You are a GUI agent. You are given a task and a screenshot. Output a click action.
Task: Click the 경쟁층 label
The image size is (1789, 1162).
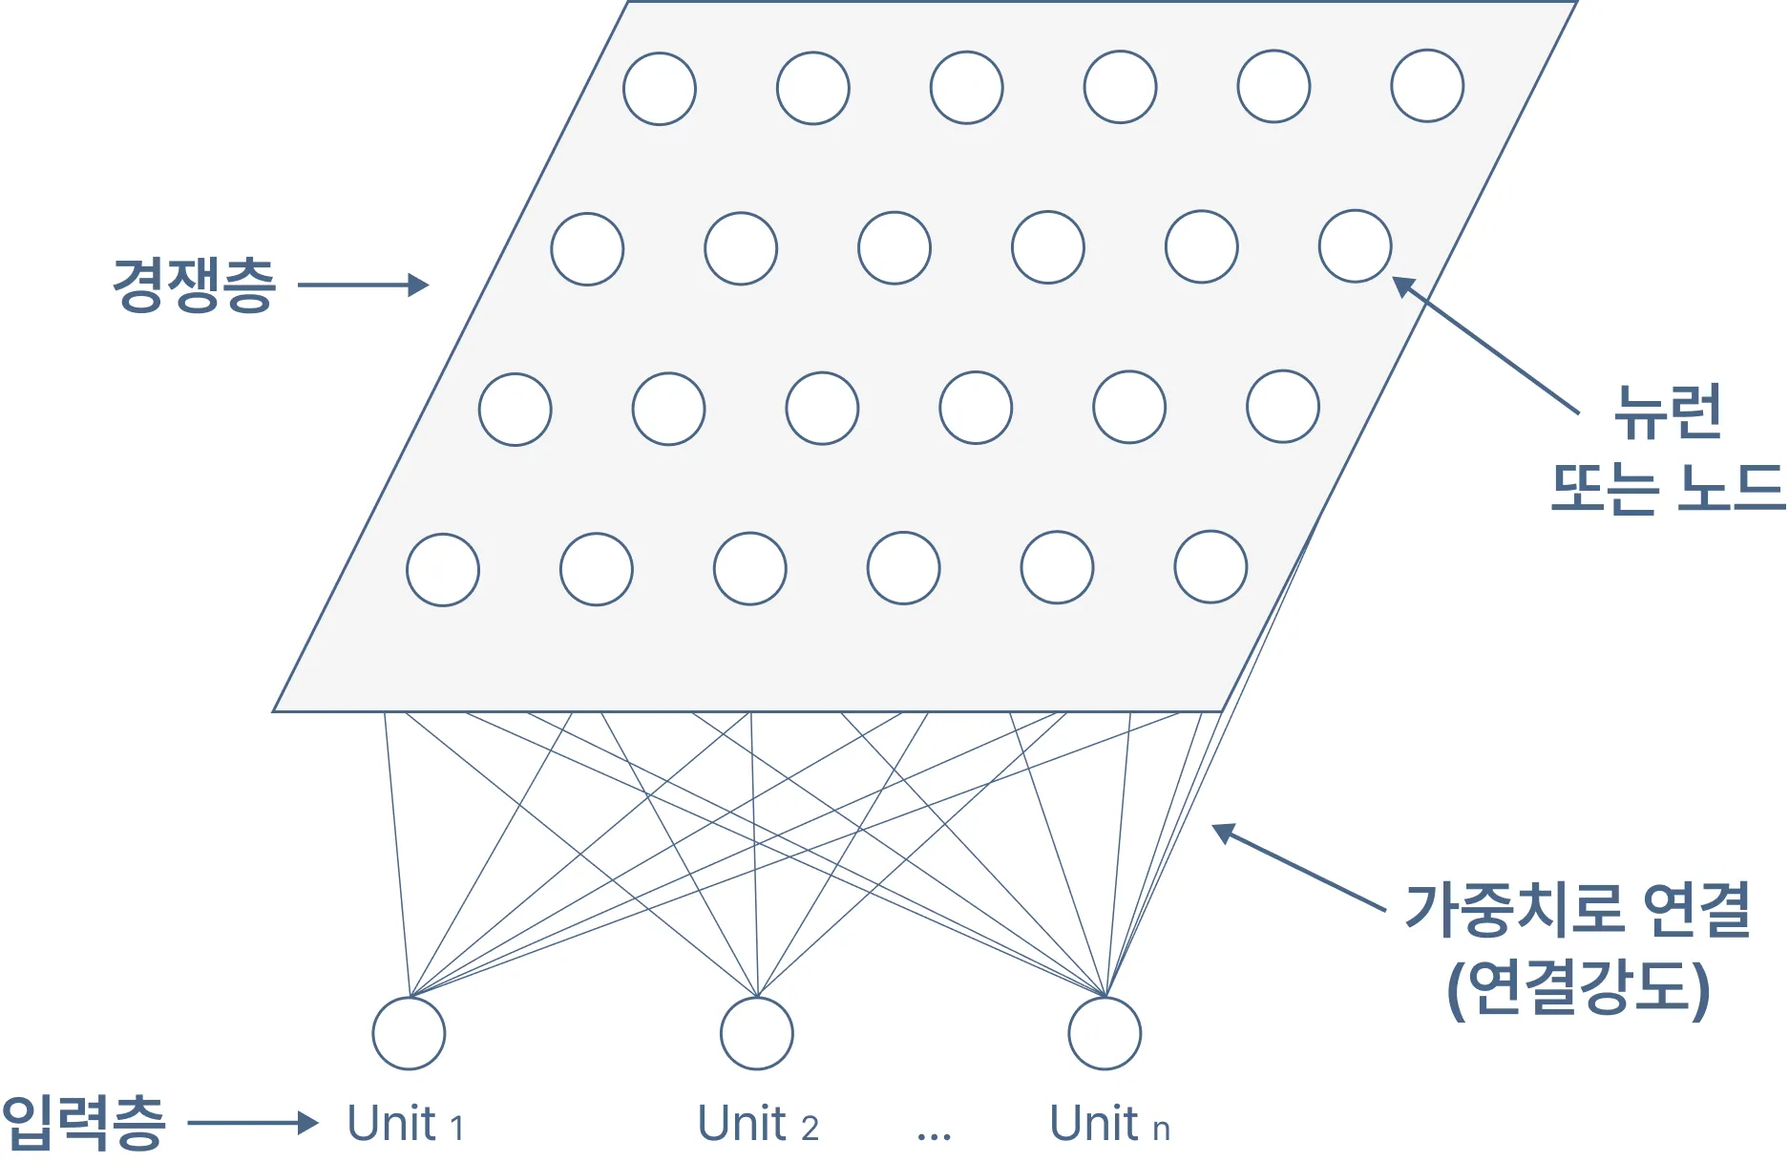pyautogui.click(x=194, y=285)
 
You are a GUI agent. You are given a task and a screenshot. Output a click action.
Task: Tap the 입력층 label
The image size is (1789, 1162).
pyautogui.click(x=84, y=1123)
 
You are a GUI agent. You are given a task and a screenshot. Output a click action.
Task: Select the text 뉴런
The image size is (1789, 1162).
pyautogui.click(x=1667, y=412)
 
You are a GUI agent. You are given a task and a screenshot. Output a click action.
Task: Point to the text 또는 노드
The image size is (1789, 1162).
pyautogui.click(x=1667, y=488)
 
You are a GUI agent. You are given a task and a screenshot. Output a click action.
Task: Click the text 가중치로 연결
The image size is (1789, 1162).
pyautogui.click(x=1577, y=908)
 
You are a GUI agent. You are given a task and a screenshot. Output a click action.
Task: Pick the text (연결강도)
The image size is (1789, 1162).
pyautogui.click(x=1577, y=988)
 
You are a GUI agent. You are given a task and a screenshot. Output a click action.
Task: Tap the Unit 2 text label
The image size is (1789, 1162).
pyautogui.click(x=758, y=1124)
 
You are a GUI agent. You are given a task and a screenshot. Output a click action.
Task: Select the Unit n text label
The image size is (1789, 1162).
pyautogui.click(x=1109, y=1124)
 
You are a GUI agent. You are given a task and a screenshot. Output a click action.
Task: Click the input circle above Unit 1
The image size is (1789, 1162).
pyautogui.click(x=409, y=1033)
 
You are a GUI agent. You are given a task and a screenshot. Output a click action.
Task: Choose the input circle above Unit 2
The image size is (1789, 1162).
pyautogui.click(x=757, y=1033)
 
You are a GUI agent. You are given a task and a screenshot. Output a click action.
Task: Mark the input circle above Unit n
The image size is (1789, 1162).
pyautogui.click(x=1105, y=1033)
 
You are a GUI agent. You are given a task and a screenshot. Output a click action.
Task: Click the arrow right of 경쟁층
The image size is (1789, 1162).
pyautogui.click(x=363, y=285)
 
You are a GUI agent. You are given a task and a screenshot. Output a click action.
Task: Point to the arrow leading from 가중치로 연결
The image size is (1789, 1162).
pyautogui.click(x=1298, y=867)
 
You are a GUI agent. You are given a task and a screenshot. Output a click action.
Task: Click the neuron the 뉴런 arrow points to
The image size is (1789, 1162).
pyautogui.click(x=1355, y=246)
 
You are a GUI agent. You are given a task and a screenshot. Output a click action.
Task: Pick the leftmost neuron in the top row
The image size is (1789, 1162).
pyautogui.click(x=660, y=89)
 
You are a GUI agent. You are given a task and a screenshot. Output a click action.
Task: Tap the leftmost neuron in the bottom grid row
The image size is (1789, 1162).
pyautogui.click(x=443, y=570)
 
